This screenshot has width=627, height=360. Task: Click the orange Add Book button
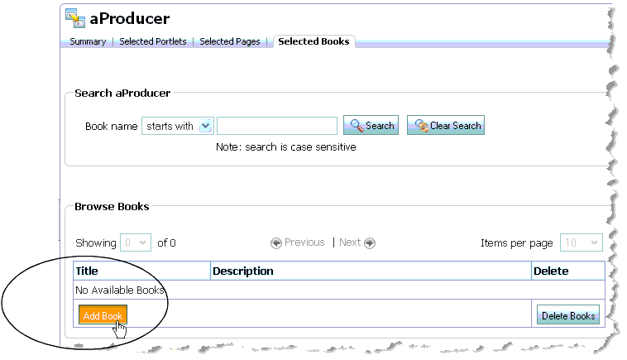tap(103, 316)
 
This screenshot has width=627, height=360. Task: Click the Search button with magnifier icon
tap(371, 126)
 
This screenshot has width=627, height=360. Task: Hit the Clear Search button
tap(445, 126)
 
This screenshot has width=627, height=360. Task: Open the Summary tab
tap(88, 41)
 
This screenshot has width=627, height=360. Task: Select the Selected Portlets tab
tap(153, 41)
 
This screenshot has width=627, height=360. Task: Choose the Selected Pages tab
tap(230, 41)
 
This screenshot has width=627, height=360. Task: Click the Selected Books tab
tap(313, 41)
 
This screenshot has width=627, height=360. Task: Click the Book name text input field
tap(277, 126)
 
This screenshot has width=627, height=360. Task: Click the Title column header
tap(88, 271)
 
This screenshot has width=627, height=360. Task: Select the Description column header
tap(243, 271)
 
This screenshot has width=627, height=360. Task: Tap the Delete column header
tap(551, 271)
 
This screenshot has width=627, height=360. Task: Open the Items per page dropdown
tap(581, 242)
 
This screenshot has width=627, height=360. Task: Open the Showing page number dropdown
tap(136, 242)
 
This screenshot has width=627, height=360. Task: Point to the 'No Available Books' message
tap(120, 290)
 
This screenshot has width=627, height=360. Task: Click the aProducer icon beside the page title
tap(76, 18)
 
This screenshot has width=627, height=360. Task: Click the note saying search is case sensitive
tap(285, 147)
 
